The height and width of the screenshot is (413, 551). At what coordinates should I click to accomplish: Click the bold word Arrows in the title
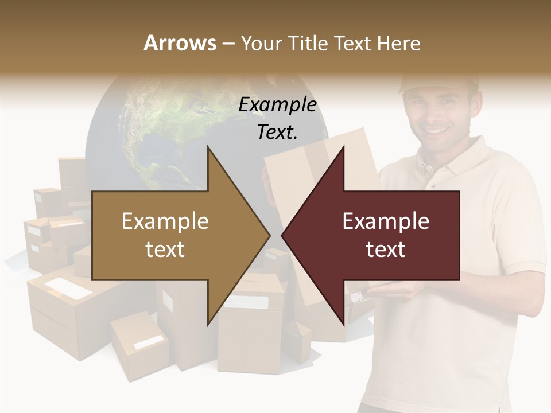pyautogui.click(x=180, y=43)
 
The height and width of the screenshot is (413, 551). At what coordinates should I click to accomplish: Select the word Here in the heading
pyautogui.click(x=398, y=43)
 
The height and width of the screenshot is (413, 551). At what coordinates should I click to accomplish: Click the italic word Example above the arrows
pyautogui.click(x=277, y=104)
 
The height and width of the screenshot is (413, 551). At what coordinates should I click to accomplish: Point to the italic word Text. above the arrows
pyautogui.click(x=277, y=132)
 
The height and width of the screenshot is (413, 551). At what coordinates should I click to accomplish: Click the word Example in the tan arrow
pyautogui.click(x=165, y=221)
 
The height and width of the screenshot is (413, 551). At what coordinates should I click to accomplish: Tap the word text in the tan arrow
pyautogui.click(x=165, y=249)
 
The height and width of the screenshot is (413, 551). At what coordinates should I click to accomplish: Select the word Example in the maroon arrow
pyautogui.click(x=386, y=221)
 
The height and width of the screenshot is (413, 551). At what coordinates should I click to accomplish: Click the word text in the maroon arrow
pyautogui.click(x=386, y=249)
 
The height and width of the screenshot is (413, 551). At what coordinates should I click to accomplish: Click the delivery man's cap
pyautogui.click(x=439, y=83)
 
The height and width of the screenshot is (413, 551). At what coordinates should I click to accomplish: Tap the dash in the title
pyautogui.click(x=228, y=44)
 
